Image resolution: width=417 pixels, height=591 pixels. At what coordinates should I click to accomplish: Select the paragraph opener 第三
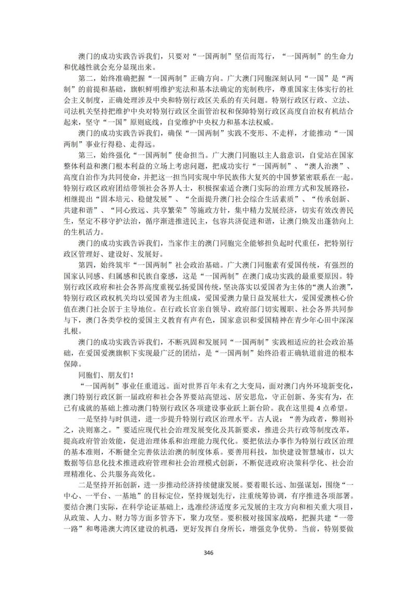(x=85, y=154)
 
